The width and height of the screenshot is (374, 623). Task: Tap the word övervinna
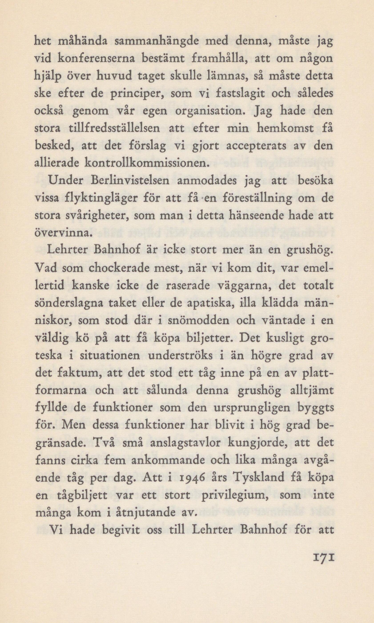tap(62, 233)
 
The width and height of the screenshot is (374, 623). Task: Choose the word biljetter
tap(206, 338)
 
